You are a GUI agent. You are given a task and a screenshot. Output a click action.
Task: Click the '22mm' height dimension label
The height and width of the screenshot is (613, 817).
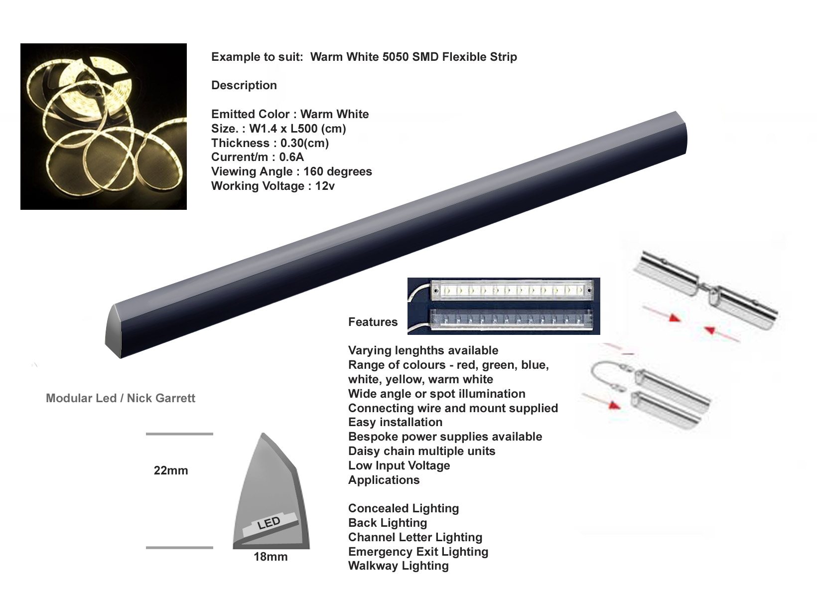[171, 470]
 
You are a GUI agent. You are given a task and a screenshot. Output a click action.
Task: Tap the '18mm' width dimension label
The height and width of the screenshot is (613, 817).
[271, 557]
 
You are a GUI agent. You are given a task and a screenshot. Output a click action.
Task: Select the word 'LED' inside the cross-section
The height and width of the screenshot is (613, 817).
[269, 523]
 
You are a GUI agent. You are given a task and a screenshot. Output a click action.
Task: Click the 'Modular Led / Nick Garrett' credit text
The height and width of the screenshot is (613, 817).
[120, 398]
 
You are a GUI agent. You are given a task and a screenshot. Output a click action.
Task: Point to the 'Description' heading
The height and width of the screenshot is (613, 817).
[244, 85]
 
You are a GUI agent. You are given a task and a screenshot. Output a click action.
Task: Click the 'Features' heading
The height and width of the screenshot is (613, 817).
[373, 322]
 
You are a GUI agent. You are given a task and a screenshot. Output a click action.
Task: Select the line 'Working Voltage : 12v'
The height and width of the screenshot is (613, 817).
[273, 186]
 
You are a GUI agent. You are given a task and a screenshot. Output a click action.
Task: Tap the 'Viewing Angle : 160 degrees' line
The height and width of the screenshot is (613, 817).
[292, 171]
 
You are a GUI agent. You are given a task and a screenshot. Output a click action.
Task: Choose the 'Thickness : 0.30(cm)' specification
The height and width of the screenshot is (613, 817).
[270, 143]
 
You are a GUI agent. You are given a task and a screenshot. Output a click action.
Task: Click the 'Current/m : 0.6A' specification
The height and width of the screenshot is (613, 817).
[258, 157]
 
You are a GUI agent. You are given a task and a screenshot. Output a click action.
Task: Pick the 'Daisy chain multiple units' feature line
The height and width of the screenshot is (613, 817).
[422, 451]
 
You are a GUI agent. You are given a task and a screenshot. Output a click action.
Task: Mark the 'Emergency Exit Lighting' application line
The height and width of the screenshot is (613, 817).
[418, 552]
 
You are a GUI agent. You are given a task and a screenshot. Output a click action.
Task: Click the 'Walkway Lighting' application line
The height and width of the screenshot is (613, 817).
[399, 566]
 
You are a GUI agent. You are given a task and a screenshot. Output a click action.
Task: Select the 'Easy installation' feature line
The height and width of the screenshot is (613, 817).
[395, 422]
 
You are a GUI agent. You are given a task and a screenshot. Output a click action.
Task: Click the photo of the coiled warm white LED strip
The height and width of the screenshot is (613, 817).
[104, 127]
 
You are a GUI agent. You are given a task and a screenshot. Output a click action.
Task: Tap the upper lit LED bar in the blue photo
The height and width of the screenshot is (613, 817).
[513, 290]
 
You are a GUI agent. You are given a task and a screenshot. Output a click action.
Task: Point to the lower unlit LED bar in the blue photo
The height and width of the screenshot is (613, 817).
[511, 319]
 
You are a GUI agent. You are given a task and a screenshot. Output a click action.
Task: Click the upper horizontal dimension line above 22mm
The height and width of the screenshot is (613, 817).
[179, 434]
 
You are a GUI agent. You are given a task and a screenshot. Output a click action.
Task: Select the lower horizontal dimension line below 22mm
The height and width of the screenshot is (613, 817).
[179, 548]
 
